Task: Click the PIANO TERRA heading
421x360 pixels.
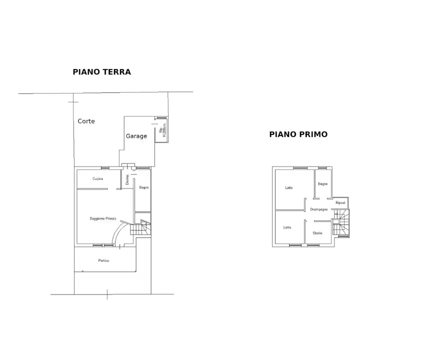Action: tap(102, 72)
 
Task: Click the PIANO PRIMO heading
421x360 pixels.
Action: tap(298, 134)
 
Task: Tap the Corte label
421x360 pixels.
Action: tap(86, 121)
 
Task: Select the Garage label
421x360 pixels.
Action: tap(136, 136)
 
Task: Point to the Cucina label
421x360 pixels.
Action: tap(98, 178)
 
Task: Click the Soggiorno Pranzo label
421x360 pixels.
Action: tap(103, 218)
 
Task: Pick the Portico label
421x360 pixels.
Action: tap(103, 260)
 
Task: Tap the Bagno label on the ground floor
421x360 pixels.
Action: tap(144, 187)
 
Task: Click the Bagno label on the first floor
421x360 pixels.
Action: tap(323, 184)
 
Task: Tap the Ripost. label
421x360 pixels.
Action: tap(340, 202)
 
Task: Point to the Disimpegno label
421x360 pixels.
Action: tap(318, 209)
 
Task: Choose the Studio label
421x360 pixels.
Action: tap(317, 233)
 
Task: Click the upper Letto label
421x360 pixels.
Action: tap(289, 188)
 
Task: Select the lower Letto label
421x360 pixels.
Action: tap(287, 227)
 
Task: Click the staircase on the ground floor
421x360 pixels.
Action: tap(139, 228)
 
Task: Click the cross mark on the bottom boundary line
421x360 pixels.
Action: tap(107, 294)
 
